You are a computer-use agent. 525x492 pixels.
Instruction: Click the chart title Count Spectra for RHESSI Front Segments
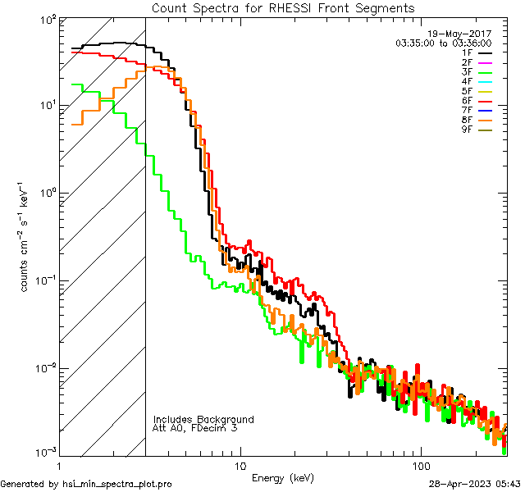click(x=283, y=7)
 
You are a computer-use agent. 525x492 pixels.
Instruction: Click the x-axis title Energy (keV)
click(x=283, y=477)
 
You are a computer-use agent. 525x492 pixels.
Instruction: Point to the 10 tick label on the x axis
click(x=240, y=464)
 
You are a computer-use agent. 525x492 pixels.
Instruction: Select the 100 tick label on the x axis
click(x=420, y=464)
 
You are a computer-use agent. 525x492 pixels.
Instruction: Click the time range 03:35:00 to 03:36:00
click(x=443, y=43)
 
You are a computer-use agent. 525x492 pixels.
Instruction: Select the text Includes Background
click(x=203, y=419)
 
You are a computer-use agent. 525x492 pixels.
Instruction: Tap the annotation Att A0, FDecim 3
click(x=195, y=428)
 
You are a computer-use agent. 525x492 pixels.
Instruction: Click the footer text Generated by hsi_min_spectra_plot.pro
click(x=86, y=484)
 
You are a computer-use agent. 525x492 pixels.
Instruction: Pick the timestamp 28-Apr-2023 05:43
click(x=474, y=484)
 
